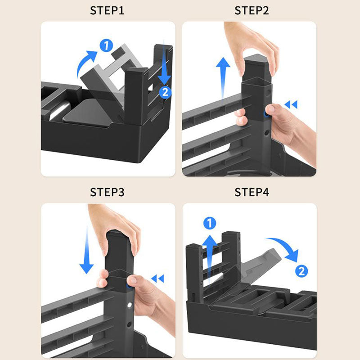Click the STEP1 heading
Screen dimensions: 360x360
[107, 10]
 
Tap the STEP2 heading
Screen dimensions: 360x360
[252, 10]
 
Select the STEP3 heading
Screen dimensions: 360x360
[107, 192]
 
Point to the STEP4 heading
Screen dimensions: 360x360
[252, 192]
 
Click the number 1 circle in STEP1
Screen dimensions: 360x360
[106, 45]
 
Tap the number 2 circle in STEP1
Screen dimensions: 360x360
[165, 92]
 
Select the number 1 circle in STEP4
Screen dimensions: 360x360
[210, 223]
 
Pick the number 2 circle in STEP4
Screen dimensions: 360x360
[301, 271]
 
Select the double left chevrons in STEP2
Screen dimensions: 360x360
[291, 104]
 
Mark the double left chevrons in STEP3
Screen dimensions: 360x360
[158, 279]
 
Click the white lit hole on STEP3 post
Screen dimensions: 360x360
[130, 305]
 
